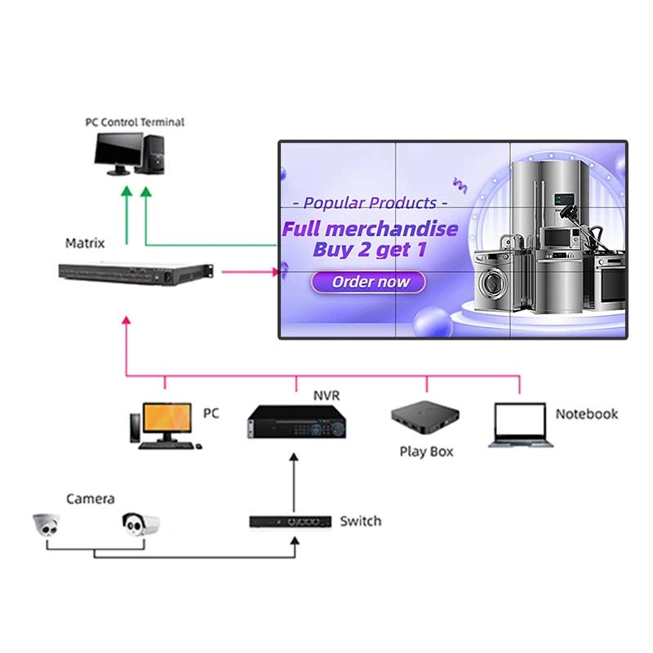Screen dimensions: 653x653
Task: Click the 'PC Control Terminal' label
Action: [x=135, y=122]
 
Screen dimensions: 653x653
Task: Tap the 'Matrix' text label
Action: [x=85, y=243]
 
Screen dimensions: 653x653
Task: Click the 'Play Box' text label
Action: [x=426, y=451]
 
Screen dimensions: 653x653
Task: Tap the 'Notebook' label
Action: [x=586, y=415]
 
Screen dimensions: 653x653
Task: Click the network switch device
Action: [x=291, y=522]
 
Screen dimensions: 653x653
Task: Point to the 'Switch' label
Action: [x=360, y=521]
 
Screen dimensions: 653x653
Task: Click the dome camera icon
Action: [x=48, y=526]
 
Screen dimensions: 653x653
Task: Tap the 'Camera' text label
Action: [x=91, y=499]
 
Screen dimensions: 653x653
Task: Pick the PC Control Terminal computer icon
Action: [x=131, y=153]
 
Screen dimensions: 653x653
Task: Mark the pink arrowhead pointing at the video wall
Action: [x=273, y=273]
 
